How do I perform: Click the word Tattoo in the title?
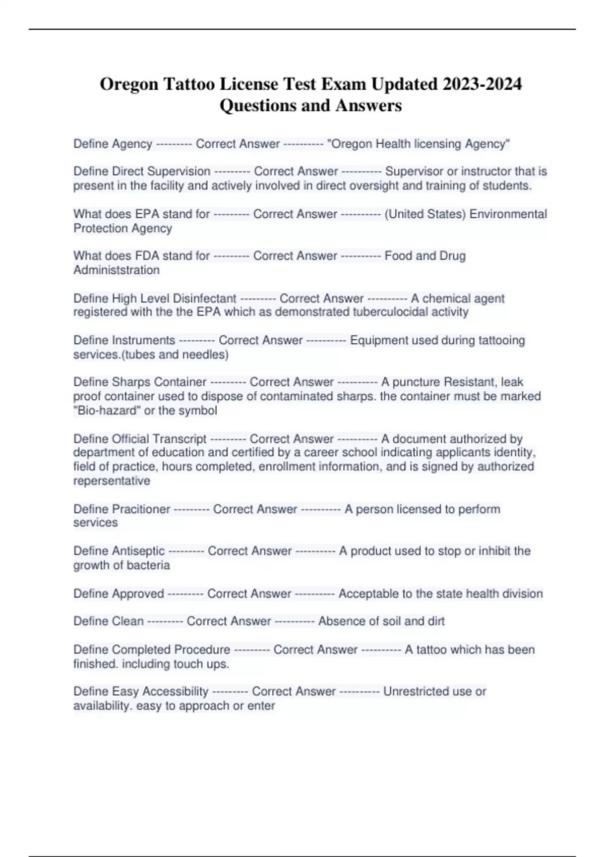pyautogui.click(x=189, y=84)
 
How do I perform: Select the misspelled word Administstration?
pyautogui.click(x=116, y=270)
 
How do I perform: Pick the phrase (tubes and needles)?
pyautogui.click(x=175, y=354)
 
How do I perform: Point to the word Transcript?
pyautogui.click(x=179, y=439)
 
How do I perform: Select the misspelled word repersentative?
pyautogui.click(x=112, y=481)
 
